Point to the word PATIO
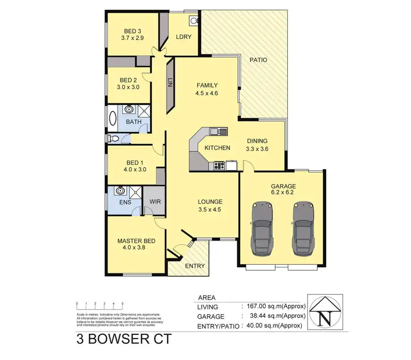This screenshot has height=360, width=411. coord(258,60)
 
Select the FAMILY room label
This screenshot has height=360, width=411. coord(208,85)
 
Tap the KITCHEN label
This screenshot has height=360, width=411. coord(216,148)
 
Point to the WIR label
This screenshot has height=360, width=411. coord(154,202)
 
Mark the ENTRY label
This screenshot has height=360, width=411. coord(195,266)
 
